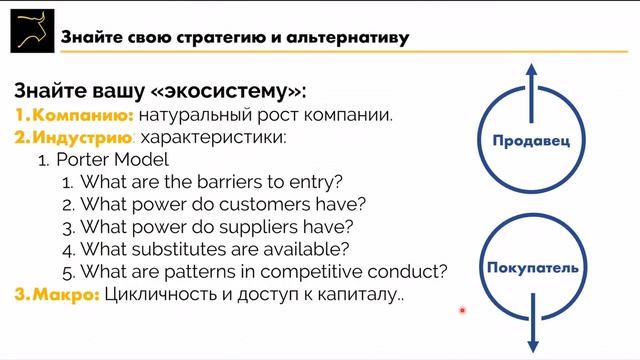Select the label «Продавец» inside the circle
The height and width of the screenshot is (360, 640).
pos(531,141)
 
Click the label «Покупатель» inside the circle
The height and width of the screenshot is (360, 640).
pos(531,269)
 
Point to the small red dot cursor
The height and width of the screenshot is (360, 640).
pos(462,310)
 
